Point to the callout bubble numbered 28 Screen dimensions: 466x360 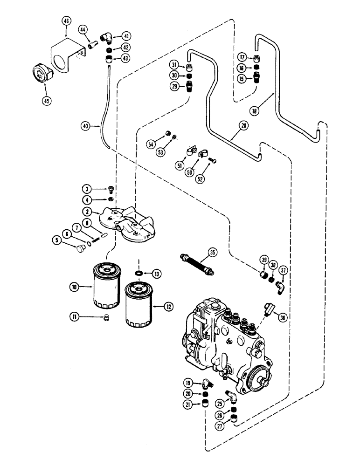[x=244, y=126]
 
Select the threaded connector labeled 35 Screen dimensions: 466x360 [x=196, y=263]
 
